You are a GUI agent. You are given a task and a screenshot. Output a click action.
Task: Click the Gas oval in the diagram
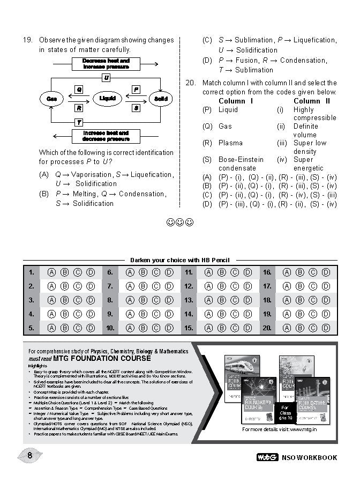pyautogui.click(x=52, y=99)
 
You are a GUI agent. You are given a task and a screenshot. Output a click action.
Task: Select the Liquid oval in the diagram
pyautogui.click(x=107, y=99)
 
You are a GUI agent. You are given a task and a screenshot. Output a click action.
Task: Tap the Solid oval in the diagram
pyautogui.click(x=160, y=99)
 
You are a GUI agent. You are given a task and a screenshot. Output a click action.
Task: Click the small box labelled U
pyautogui.click(x=106, y=78)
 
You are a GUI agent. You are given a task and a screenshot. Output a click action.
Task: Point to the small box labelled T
pyautogui.click(x=79, y=122)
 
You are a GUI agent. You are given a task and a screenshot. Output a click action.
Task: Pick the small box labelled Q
pyautogui.click(x=79, y=89)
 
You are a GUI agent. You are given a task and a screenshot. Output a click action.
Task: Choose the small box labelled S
pyautogui.click(x=136, y=108)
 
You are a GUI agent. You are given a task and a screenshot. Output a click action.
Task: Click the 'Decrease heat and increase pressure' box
pyautogui.click(x=106, y=64)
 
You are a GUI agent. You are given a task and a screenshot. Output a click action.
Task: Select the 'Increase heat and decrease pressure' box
pyautogui.click(x=106, y=136)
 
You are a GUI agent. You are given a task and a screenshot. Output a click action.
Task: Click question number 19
pyautogui.click(x=27, y=40)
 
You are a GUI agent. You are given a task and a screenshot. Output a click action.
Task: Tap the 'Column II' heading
pyautogui.click(x=312, y=101)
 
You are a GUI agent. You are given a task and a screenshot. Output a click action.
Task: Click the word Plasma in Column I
pyautogui.click(x=230, y=143)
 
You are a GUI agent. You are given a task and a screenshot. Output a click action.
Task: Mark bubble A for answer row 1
pyautogui.click(x=51, y=272)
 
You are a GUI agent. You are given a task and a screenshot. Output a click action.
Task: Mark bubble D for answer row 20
pyautogui.click(x=326, y=328)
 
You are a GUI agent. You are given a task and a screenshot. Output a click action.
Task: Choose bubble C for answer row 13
pyautogui.click(x=235, y=300)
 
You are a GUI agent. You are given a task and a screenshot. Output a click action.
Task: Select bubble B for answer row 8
pyautogui.click(x=142, y=300)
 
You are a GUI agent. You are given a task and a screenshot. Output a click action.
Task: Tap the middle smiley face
pyautogui.click(x=179, y=222)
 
